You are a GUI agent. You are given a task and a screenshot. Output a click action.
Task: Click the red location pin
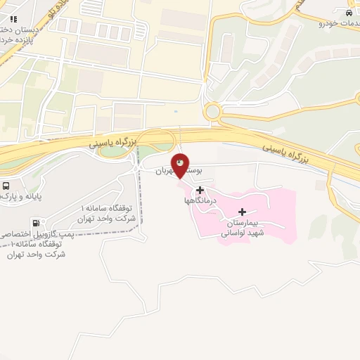[181, 165]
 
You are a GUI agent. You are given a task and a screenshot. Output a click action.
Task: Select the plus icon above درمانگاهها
[200, 190]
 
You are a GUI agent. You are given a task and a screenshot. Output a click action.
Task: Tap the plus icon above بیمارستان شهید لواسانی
[243, 212]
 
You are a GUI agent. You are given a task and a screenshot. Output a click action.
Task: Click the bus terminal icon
[6, 186]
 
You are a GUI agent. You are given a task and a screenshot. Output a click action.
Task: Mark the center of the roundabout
[212, 111]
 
